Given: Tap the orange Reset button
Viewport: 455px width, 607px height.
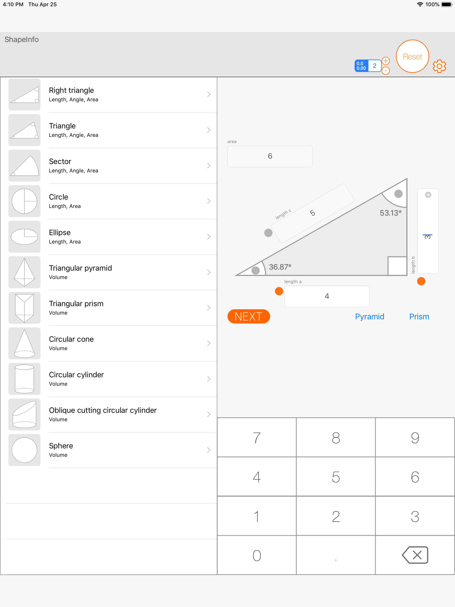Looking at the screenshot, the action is pyautogui.click(x=412, y=56).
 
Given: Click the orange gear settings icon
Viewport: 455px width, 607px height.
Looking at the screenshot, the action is pyautogui.click(x=439, y=66).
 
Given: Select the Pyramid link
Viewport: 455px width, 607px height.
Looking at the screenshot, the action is pyautogui.click(x=369, y=316).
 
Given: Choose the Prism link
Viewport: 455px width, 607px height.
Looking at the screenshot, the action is pyautogui.click(x=419, y=316).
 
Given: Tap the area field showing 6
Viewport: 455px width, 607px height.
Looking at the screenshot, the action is pyautogui.click(x=270, y=156).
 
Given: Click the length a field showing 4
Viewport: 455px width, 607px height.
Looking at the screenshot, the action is pyautogui.click(x=327, y=296).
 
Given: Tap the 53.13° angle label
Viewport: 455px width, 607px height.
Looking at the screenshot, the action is pyautogui.click(x=391, y=213).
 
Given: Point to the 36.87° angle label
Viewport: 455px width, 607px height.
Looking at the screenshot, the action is pyautogui.click(x=280, y=267).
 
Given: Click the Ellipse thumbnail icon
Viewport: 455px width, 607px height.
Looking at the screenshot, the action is pyautogui.click(x=24, y=237).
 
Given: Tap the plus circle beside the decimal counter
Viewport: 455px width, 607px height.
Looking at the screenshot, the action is pyautogui.click(x=385, y=61).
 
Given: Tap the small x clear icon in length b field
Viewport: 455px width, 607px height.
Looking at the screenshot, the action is pyautogui.click(x=428, y=195).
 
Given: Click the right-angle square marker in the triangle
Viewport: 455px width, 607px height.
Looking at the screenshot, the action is pyautogui.click(x=397, y=266).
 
